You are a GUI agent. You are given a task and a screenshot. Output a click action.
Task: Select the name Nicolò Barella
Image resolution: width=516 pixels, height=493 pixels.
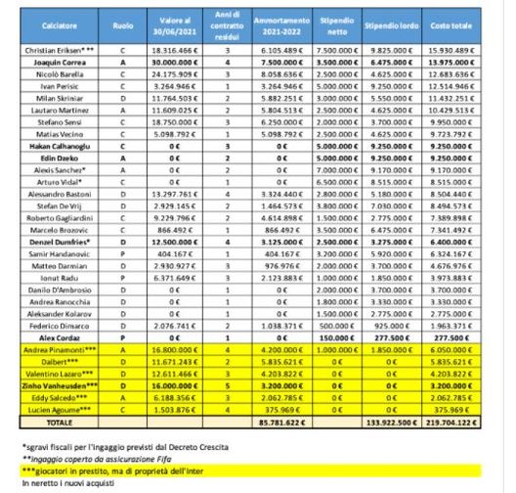(x=58, y=74)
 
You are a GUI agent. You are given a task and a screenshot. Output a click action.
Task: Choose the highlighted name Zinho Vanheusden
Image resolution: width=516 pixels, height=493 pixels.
(x=58, y=386)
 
